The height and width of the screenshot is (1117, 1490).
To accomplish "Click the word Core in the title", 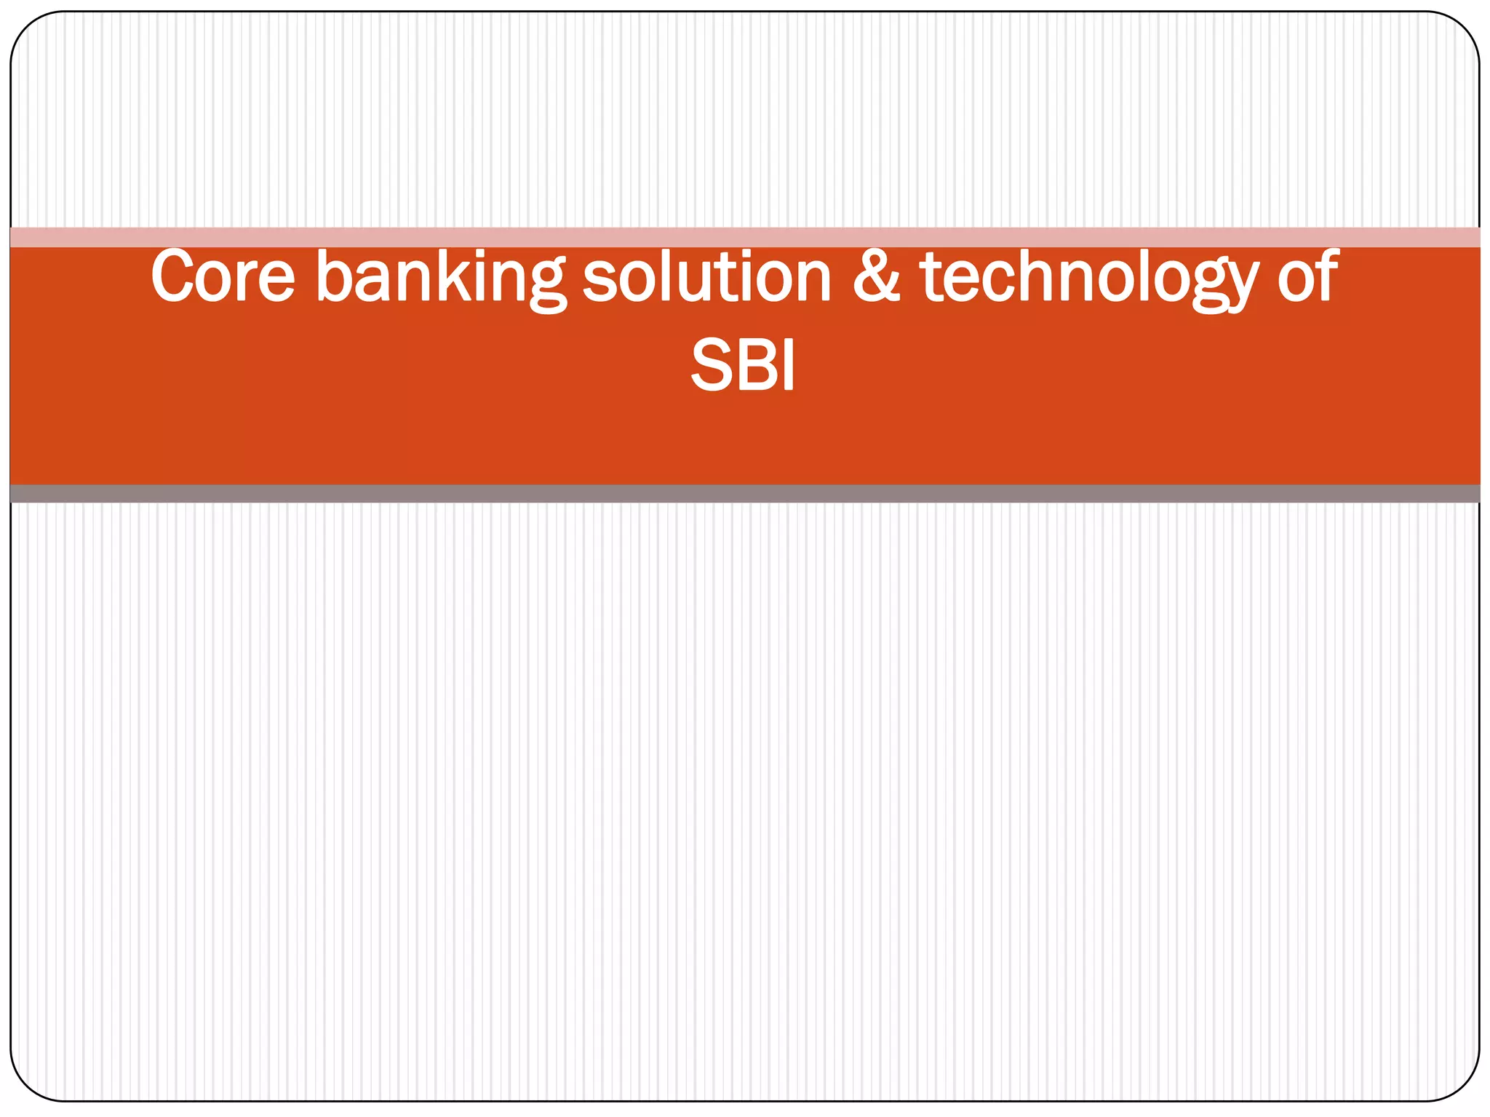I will coord(223,276).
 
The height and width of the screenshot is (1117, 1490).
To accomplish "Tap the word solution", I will coord(706,276).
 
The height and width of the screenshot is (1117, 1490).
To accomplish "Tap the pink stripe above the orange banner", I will coord(745,237).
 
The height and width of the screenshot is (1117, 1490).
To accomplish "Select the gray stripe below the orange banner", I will coord(745,494).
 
